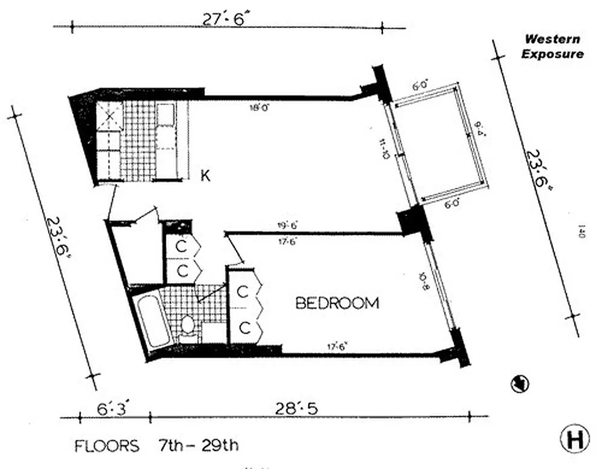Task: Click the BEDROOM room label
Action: pos(337,303)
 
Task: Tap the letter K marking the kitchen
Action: pos(205,175)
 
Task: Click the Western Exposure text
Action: pos(552,46)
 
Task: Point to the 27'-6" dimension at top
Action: pos(226,19)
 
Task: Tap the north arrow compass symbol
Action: pos(519,384)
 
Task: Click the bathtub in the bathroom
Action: pos(152,321)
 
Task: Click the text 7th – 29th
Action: pos(198,446)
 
